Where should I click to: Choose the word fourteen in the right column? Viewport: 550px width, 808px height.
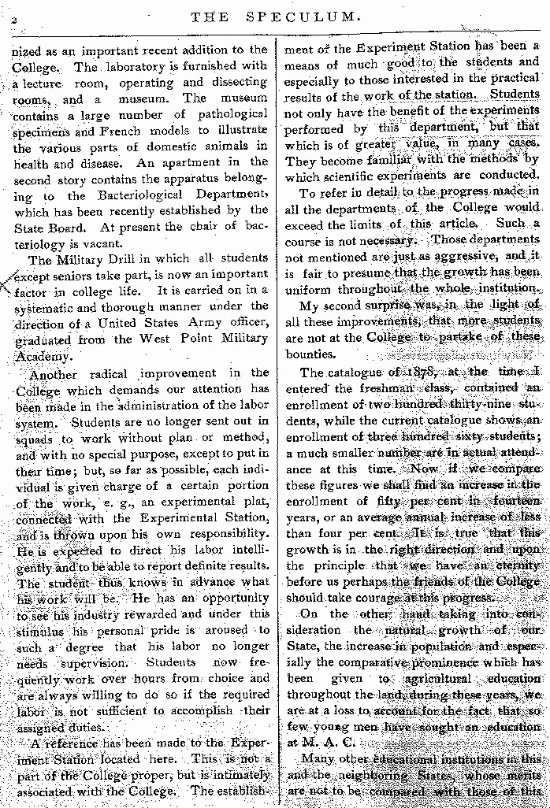tap(514, 500)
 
